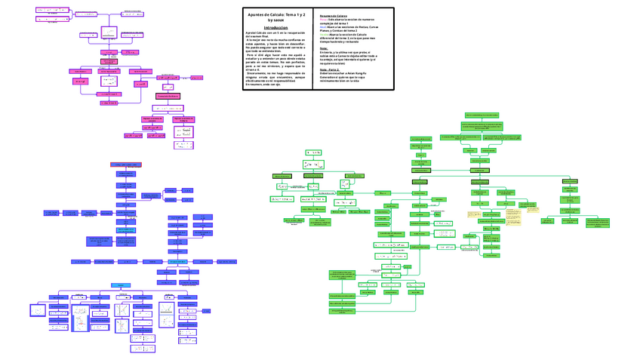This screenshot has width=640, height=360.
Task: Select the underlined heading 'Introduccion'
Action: tap(275, 27)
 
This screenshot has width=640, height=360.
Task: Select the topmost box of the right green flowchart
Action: tap(483, 115)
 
